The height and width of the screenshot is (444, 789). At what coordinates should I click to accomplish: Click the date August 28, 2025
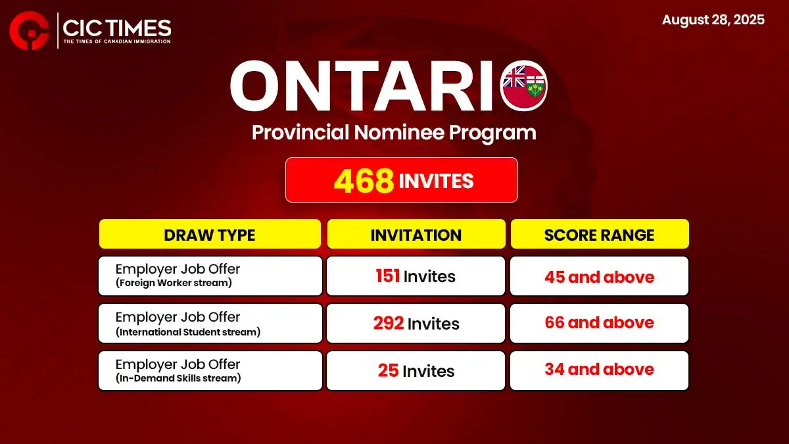pos(713,20)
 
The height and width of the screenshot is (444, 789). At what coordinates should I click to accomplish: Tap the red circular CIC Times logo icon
pos(29,31)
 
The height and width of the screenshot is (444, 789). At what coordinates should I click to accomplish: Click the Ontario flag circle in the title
pos(523,86)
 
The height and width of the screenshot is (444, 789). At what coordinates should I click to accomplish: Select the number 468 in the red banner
pos(364,181)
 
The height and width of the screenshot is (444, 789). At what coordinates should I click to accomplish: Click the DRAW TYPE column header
pos(210,234)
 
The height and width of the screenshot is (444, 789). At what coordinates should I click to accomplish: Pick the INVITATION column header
pos(416,234)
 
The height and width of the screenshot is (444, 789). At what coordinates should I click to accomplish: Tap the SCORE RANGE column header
pos(600,234)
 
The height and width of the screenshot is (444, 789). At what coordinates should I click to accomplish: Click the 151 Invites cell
pos(416,276)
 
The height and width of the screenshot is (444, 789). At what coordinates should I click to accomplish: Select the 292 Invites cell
pos(416,323)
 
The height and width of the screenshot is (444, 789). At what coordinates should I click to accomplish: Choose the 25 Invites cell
pos(416,370)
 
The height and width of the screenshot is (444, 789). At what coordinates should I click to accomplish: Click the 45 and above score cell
pos(599,276)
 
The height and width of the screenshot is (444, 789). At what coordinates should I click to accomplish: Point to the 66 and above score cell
pos(599,323)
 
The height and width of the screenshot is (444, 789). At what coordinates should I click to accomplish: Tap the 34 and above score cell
pos(599,370)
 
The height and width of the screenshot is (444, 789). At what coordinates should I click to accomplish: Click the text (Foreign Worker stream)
pos(174,283)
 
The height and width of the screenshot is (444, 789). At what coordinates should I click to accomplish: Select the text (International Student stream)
pos(188,332)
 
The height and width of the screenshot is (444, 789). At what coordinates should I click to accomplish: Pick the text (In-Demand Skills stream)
pos(178,378)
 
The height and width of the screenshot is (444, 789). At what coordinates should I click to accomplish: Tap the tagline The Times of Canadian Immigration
pos(117,41)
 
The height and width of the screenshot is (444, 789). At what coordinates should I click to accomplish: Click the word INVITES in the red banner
pos(436,181)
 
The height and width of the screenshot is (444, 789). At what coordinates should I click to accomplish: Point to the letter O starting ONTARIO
pos(253,86)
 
